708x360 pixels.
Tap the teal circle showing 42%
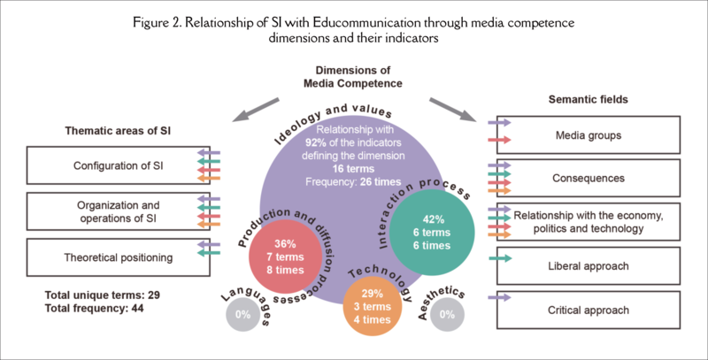[x=429, y=233]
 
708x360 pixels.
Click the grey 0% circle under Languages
[x=241, y=315]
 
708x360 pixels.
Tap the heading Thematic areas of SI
[x=117, y=130]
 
